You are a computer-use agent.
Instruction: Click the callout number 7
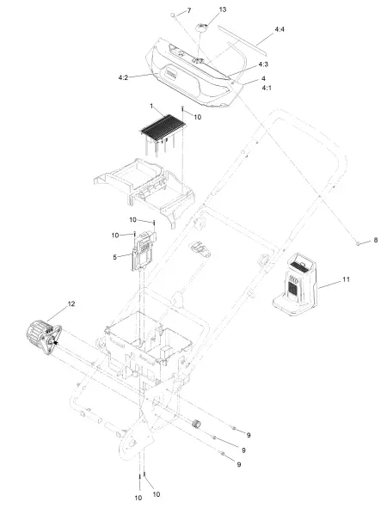click(189, 11)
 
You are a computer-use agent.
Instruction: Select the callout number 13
click(223, 9)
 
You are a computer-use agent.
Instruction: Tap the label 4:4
click(279, 29)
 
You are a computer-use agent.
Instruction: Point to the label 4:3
click(263, 64)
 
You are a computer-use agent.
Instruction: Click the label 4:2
click(123, 77)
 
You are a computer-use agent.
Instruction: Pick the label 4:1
click(267, 88)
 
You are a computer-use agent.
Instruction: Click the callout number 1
click(151, 106)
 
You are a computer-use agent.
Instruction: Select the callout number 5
click(114, 257)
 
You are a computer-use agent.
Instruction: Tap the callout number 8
click(376, 241)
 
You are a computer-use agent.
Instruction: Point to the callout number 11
click(346, 279)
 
